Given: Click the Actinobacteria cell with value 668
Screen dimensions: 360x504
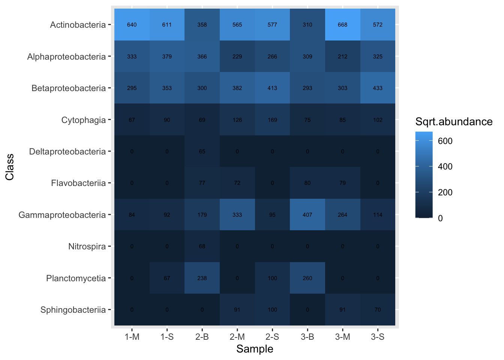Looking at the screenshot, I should pos(342,25).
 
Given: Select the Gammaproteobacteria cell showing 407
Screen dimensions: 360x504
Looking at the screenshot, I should pos(307,215).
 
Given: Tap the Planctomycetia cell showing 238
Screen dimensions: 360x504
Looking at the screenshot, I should pos(202,278).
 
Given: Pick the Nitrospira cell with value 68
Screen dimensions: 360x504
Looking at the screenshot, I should pos(202,246).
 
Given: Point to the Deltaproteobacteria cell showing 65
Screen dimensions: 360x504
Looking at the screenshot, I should pos(202,151).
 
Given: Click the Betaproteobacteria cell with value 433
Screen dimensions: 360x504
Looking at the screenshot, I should pos(378,88).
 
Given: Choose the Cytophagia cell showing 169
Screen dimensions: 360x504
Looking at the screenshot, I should pos(272,120).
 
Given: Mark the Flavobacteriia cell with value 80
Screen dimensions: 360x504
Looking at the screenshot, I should pos(307,183).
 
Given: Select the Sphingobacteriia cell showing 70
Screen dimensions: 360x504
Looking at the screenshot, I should pos(378,310).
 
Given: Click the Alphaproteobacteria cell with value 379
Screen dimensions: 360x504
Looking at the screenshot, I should pos(167,57).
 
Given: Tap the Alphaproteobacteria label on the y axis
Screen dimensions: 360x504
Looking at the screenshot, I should pos(66,57).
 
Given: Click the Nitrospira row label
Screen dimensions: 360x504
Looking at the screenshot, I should pos(87,246).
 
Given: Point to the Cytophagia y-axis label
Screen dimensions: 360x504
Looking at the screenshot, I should pos(84,120).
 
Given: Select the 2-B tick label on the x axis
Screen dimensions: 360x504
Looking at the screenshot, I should pos(202,337).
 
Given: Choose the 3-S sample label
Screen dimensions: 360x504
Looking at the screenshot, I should pos(378,337).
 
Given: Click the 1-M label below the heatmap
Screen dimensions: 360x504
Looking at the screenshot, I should pos(132,337).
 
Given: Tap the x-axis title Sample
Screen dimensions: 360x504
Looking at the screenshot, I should pos(255,349).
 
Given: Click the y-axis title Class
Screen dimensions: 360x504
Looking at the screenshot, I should pos(10,167).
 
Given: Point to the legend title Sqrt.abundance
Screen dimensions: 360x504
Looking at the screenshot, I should pos(454,121).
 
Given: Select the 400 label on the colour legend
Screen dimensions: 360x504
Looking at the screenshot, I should pos(445,166).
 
